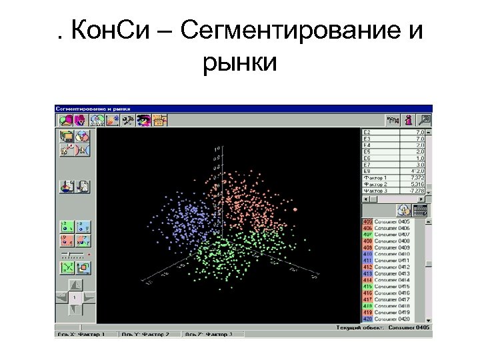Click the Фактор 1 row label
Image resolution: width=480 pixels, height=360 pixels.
pyautogui.click(x=376, y=178)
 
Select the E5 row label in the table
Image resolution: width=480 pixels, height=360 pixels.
pyautogui.click(x=367, y=152)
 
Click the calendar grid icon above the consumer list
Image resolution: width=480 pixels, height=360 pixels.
pyautogui.click(x=420, y=210)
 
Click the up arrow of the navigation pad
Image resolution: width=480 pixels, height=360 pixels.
pyautogui.click(x=75, y=285)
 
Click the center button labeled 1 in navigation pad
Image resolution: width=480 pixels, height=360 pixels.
pyautogui.click(x=75, y=297)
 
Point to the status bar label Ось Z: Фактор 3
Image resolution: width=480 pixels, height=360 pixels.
pyautogui.click(x=209, y=333)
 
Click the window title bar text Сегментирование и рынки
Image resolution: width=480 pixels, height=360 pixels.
pyautogui.click(x=93, y=108)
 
